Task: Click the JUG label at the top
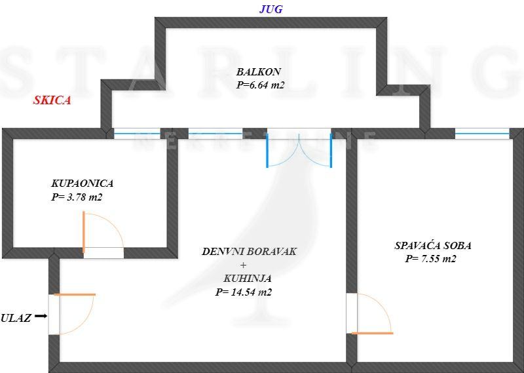(271, 9)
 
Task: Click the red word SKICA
(52, 101)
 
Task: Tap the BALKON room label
(259, 71)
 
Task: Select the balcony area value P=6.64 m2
(261, 85)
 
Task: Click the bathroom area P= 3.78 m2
(77, 196)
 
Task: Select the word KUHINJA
(247, 278)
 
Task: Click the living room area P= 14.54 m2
(243, 292)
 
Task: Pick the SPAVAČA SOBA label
(433, 246)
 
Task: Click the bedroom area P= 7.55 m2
(430, 259)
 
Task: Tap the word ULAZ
(16, 318)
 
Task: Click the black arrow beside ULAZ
(41, 317)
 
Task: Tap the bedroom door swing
(373, 315)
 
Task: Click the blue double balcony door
(299, 149)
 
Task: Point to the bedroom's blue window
(481, 133)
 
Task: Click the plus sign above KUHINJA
(243, 265)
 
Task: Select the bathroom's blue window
(137, 133)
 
